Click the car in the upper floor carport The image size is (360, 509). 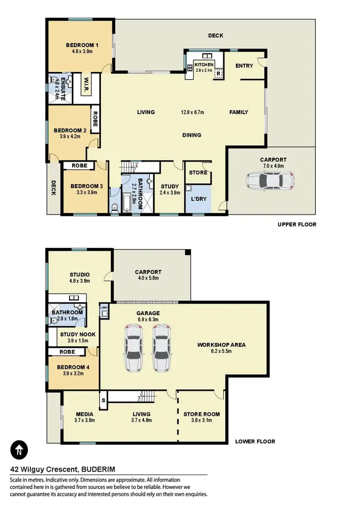pyautogui.click(x=270, y=182)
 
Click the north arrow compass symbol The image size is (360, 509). pyautogui.click(x=19, y=450)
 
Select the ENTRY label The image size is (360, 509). pyautogui.click(x=244, y=66)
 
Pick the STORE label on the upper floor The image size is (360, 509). pyautogui.click(x=198, y=173)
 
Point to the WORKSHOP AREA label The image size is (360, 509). pyautogui.click(x=221, y=344)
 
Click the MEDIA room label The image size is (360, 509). pyautogui.click(x=84, y=414)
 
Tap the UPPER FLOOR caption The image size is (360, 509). pyautogui.click(x=297, y=225)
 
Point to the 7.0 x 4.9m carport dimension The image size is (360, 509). pyautogui.click(x=273, y=166)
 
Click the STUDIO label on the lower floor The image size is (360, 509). pyautogui.click(x=80, y=275)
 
